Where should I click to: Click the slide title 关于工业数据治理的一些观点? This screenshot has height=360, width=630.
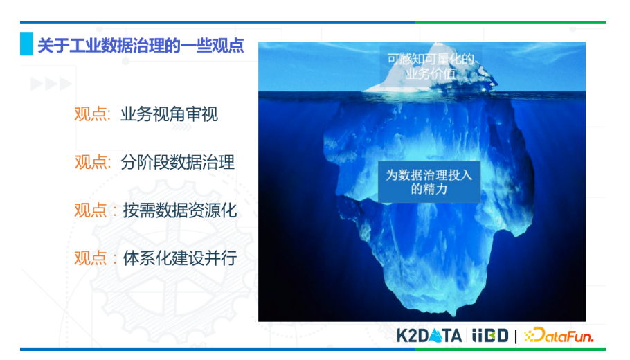141,46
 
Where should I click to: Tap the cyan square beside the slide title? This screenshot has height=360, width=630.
26,44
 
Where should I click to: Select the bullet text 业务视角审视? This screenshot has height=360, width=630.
169,114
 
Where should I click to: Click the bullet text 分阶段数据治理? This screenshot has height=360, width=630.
178,162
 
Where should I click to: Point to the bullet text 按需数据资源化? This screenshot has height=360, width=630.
179,210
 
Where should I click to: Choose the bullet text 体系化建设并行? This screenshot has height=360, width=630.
179,258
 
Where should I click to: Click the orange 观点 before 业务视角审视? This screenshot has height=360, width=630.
91,114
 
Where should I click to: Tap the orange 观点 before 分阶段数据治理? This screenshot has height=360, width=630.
91,162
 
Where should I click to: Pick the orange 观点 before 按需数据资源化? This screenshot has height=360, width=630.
91,210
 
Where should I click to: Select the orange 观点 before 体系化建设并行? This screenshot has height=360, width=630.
91,258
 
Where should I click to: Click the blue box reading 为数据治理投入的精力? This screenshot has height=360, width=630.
429,182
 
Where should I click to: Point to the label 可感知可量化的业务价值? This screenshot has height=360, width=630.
431,66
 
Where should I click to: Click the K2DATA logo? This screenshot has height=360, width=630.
429,336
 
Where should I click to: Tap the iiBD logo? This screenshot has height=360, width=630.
490,336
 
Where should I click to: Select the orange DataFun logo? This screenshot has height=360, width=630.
559,335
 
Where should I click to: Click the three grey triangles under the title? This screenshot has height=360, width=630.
51,84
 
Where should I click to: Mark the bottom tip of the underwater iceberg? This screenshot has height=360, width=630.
454,316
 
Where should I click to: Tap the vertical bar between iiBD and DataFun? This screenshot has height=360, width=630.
516,336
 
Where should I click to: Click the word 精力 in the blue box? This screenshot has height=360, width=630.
437,189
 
